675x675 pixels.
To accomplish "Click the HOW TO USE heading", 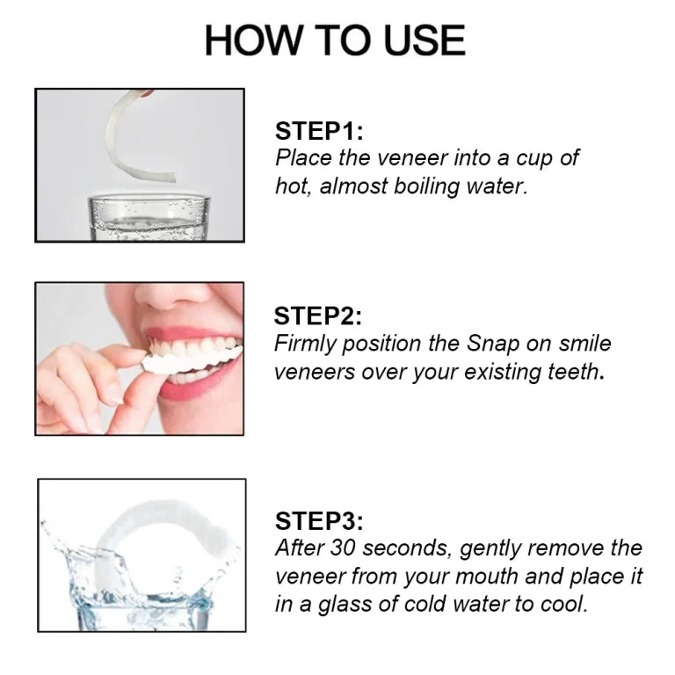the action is coord(335,40).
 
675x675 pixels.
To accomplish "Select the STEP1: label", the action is coord(319,131).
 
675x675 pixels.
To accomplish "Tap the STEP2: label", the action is coord(317,316).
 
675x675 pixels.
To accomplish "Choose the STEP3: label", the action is coord(319,521).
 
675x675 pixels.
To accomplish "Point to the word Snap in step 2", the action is coord(493,344).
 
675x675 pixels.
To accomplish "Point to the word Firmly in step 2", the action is coord(305,345).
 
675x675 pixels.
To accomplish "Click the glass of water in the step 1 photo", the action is coord(149,217).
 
